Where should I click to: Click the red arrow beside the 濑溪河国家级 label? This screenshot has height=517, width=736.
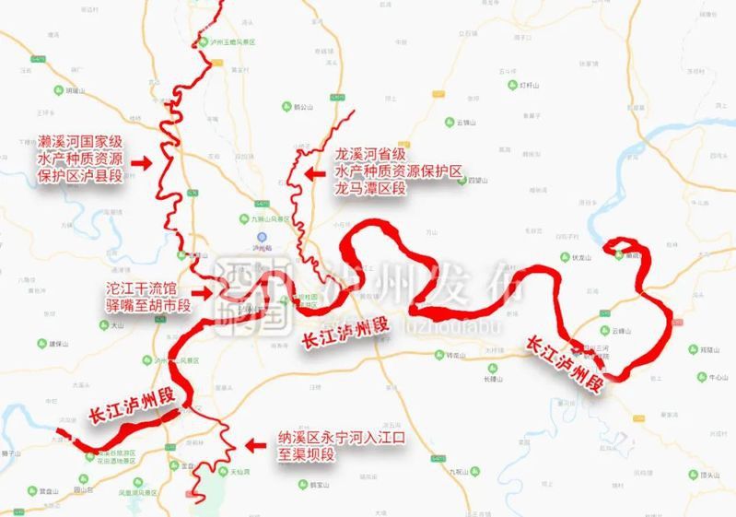pos(142,161)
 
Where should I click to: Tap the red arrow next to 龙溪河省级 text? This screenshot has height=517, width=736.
pos(313,171)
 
